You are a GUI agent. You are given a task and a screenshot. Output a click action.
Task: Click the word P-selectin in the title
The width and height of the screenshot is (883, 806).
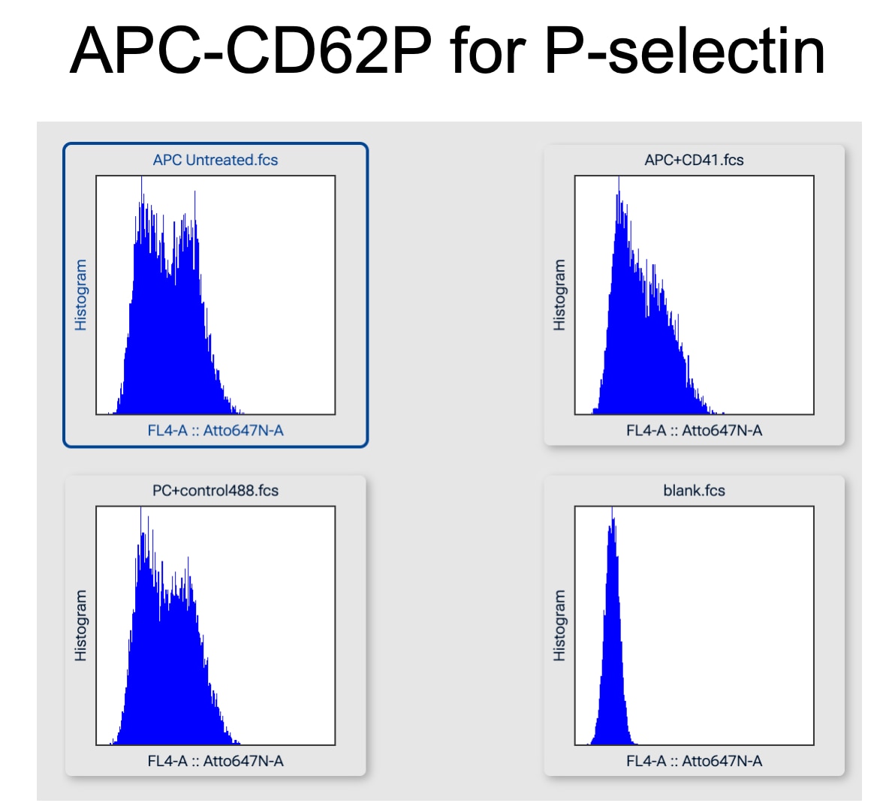click(x=684, y=50)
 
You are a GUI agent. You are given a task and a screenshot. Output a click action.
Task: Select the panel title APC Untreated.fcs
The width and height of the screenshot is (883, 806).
click(x=215, y=160)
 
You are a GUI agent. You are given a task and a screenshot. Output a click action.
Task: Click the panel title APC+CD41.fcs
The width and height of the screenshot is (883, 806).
click(x=694, y=160)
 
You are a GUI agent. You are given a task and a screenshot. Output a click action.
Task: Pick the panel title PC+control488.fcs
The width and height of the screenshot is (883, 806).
click(x=215, y=491)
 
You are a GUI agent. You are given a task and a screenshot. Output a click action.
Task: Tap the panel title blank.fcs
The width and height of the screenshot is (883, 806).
click(x=694, y=491)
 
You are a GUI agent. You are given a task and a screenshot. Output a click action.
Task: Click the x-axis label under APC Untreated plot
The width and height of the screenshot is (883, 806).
click(x=215, y=430)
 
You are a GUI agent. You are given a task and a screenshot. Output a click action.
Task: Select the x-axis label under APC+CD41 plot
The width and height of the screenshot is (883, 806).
click(x=694, y=430)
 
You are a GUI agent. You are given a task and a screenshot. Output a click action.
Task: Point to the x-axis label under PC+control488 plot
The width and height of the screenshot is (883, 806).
click(x=215, y=761)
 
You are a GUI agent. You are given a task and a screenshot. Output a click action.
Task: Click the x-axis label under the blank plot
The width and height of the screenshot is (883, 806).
click(x=694, y=761)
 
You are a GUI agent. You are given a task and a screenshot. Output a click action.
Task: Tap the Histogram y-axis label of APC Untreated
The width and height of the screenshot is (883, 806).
click(x=80, y=295)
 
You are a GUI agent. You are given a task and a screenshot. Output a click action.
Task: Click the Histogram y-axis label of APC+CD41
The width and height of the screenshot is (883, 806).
click(x=559, y=295)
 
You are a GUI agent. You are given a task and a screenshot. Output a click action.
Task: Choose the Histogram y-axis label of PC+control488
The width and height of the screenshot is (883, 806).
click(x=80, y=625)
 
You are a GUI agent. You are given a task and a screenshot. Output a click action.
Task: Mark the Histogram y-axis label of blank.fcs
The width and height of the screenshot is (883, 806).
click(x=559, y=625)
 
